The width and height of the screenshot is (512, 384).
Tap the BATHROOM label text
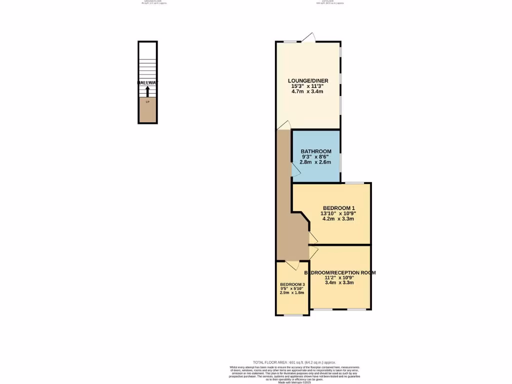pos(316,151)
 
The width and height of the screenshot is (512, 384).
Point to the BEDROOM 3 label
pos(292,284)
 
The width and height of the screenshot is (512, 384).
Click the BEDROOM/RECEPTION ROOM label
pos(340,272)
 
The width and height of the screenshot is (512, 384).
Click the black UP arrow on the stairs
pos(147,91)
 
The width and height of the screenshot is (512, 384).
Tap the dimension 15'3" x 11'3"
pos(308,86)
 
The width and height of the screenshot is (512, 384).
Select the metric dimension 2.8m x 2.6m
pos(316,162)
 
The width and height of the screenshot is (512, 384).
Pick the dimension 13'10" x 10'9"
pos(338,213)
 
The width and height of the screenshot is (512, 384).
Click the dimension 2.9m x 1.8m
pos(292,292)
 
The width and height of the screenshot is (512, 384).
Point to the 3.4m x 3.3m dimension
pos(339,282)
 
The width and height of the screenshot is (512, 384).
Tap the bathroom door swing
pos(296,170)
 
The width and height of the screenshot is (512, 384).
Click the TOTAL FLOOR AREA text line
pos(294,362)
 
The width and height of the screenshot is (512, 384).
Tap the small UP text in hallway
pos(147,102)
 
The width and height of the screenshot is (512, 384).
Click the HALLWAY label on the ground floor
pos(147,82)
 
